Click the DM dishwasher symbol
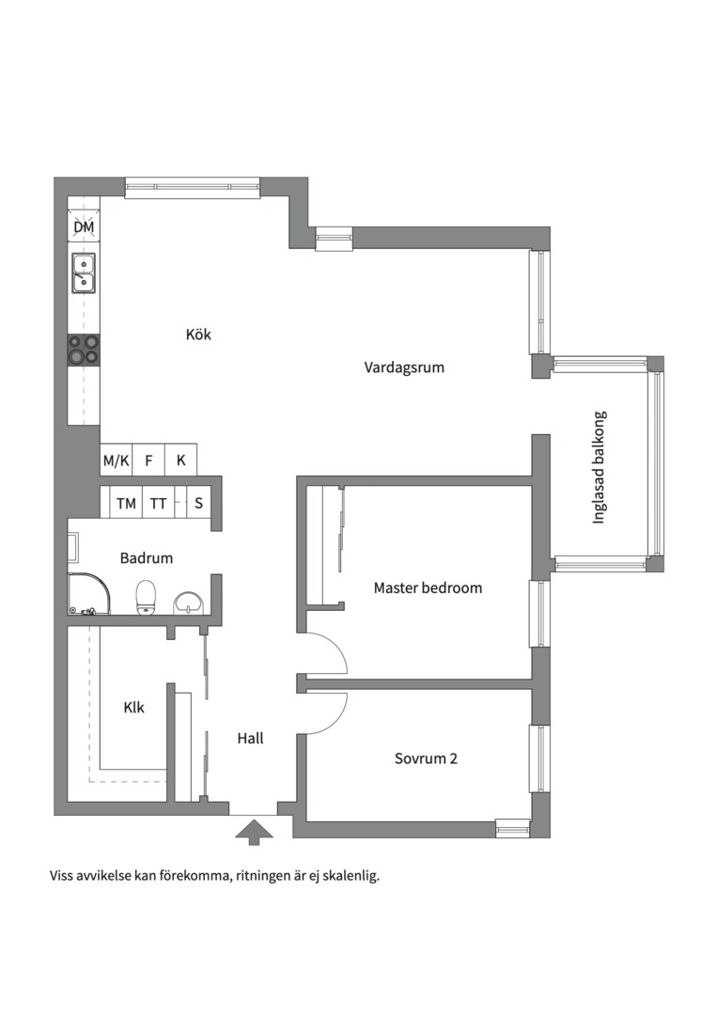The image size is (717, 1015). pos(85,227)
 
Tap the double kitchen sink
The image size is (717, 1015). pos(84,273)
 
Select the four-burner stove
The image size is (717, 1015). pos(85,350)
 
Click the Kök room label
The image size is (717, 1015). pos(198,335)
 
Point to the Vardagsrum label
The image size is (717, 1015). pos(404,367)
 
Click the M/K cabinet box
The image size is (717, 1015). pos(117,461)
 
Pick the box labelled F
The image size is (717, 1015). pos(148,461)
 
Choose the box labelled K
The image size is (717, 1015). pos(181,461)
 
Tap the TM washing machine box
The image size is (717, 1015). pos(126,503)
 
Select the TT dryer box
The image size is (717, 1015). pos(159,503)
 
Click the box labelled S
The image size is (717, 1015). pos(198,503)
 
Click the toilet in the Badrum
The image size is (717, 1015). pos(147,596)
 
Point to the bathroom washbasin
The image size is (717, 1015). pos(188,601)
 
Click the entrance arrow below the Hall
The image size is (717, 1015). pos(254,832)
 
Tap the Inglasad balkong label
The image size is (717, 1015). pos(599,467)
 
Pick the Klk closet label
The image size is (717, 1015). pos(134,708)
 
